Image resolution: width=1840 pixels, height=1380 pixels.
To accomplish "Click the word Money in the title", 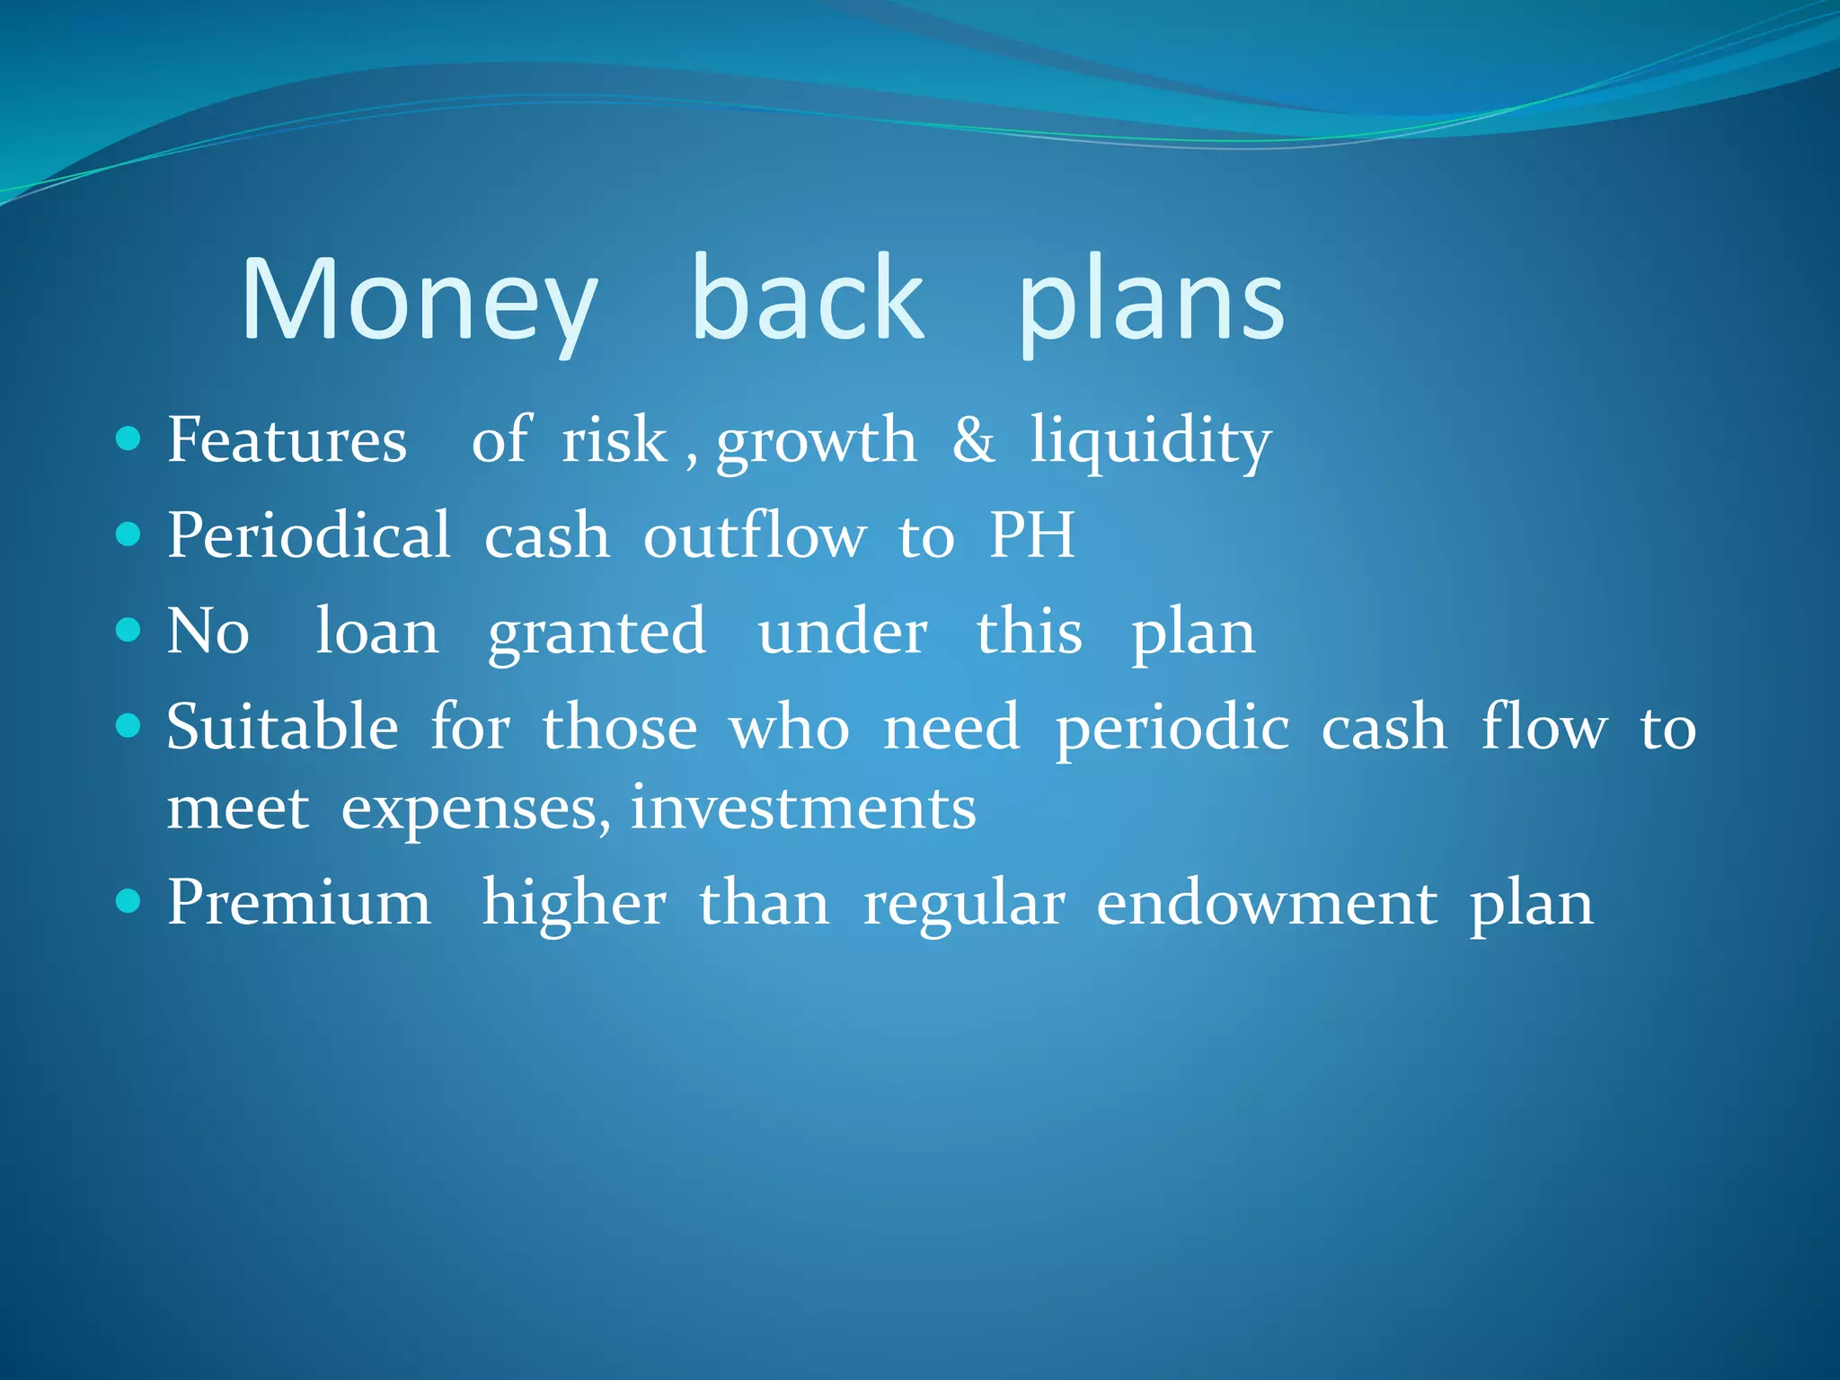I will [419, 301].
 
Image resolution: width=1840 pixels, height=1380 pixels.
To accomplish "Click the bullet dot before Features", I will [129, 439].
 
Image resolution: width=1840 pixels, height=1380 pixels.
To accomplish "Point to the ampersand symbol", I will [974, 440].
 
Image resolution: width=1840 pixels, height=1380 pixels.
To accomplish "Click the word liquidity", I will [1150, 442].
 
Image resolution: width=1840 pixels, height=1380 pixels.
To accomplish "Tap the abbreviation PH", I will [1031, 535].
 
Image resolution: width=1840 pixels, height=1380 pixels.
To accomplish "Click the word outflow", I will [755, 536].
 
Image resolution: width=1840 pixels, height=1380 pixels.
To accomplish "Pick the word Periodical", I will [308, 535].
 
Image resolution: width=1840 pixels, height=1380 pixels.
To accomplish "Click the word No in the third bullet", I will [208, 632].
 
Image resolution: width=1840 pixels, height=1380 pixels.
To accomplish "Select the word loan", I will [377, 632].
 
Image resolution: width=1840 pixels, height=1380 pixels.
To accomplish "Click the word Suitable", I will [282, 727].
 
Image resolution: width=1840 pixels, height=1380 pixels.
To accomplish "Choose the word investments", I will [803, 808].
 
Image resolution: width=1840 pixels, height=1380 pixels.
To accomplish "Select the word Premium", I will [298, 903].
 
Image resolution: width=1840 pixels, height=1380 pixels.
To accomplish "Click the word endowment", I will [1267, 904].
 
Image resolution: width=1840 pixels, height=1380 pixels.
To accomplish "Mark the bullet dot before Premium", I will [129, 901].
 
